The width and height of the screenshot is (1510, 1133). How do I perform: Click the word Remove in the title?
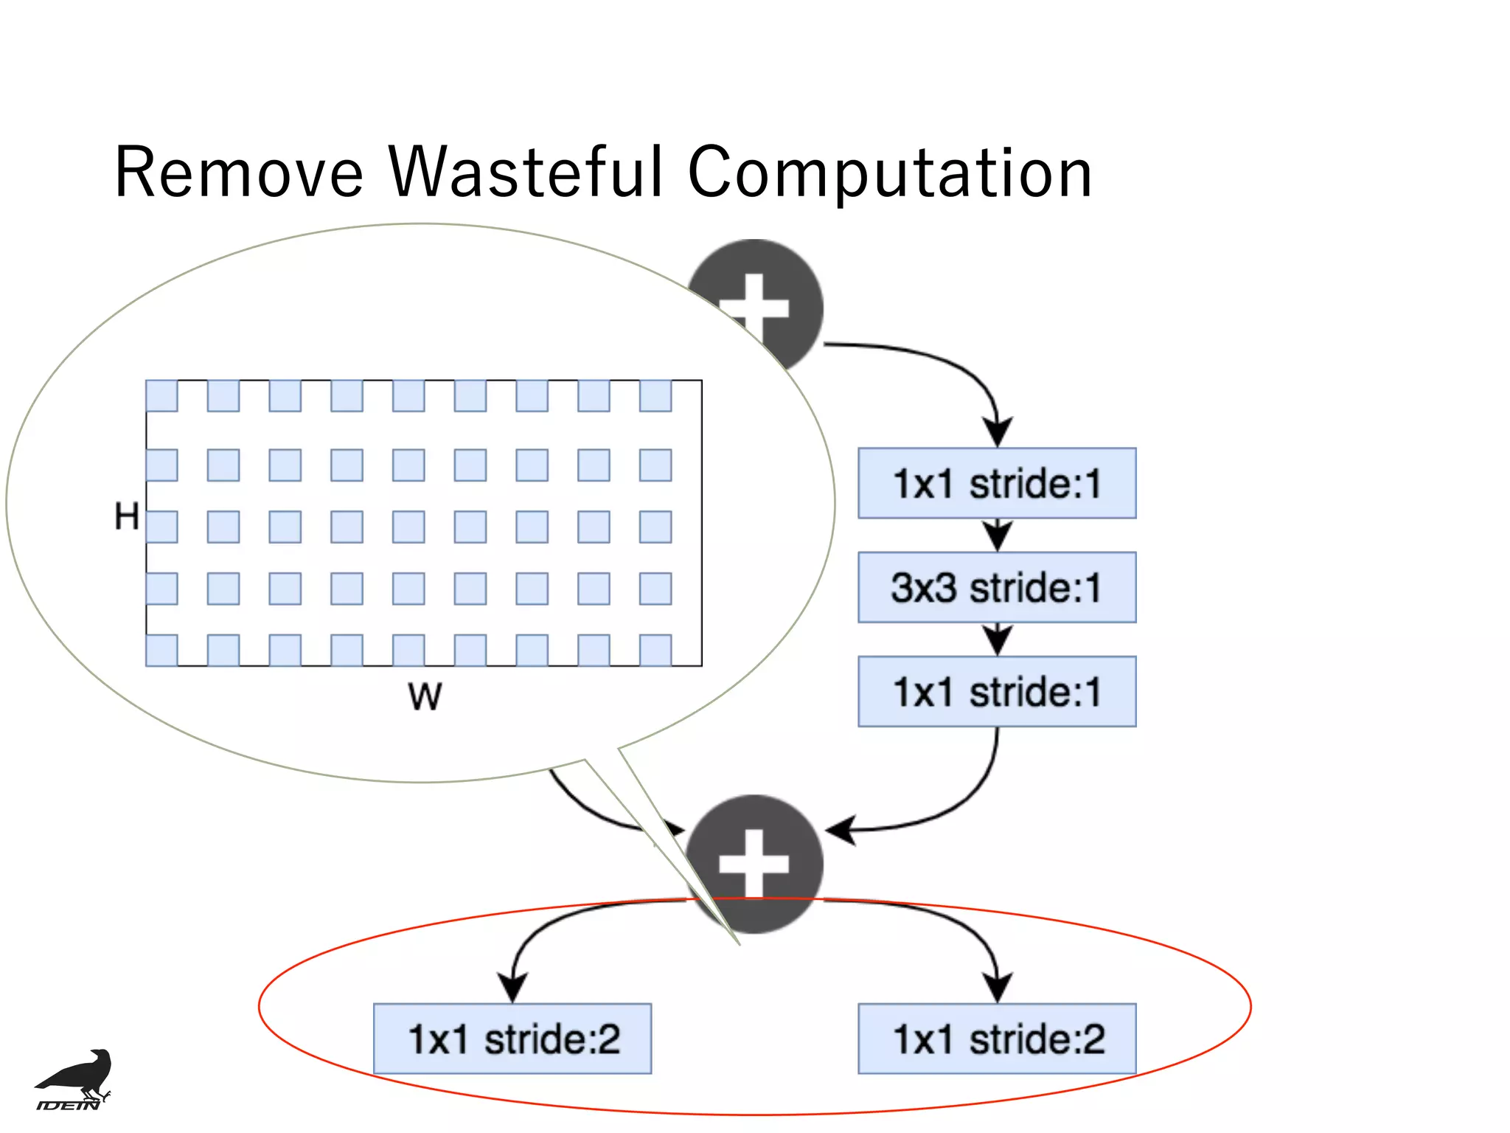click(x=239, y=173)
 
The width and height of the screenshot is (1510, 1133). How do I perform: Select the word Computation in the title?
click(x=889, y=173)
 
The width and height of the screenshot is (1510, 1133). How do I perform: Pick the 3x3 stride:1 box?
click(x=996, y=587)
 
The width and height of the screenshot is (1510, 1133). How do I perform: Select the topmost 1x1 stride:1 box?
click(x=996, y=483)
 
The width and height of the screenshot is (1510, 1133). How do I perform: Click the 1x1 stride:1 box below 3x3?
click(x=996, y=691)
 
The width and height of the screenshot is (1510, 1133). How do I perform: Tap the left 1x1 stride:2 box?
click(x=512, y=1039)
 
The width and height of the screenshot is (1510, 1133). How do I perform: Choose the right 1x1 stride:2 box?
click(x=996, y=1039)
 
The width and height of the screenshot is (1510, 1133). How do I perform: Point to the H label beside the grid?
click(x=126, y=516)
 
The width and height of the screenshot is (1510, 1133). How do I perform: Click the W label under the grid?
click(x=425, y=696)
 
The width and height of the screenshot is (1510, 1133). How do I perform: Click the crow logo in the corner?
click(x=77, y=1073)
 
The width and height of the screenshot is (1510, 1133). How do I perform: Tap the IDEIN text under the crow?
click(x=68, y=1104)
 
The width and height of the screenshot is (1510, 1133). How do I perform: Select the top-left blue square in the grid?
click(x=161, y=396)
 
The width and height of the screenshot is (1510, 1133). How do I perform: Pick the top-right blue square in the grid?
click(x=655, y=396)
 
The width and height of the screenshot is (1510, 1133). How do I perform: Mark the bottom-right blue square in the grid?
click(x=655, y=650)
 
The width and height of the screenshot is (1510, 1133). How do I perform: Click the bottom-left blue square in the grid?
click(x=161, y=650)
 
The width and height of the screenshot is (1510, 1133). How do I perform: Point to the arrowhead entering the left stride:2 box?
click(x=512, y=987)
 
